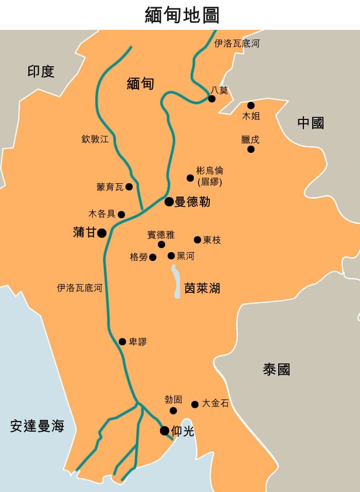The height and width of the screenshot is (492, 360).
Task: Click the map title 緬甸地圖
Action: pos(182,15)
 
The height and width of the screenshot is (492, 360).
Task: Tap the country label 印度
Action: pos(41,72)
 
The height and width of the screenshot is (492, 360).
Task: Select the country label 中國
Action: pos(311,123)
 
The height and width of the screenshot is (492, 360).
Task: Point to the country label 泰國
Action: pos(277,370)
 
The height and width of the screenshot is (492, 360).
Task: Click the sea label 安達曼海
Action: pos(37,426)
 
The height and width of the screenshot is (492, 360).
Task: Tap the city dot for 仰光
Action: pos(165,431)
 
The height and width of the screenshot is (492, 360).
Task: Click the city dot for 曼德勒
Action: pos(169,202)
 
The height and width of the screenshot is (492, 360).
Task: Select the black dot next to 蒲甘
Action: pos(102,233)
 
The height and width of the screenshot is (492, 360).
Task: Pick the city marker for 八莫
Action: pos(212,99)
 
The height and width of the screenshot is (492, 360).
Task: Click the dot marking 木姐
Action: pos(251,106)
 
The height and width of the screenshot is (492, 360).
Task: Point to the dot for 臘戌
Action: pos(251,149)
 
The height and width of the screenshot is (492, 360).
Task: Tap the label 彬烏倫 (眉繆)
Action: pos(210,176)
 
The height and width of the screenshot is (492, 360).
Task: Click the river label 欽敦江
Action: pos(95,139)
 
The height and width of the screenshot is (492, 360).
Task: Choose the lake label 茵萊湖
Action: pos(202,288)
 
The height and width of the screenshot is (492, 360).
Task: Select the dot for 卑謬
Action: pos(122,342)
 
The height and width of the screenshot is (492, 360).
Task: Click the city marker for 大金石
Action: pos(195,405)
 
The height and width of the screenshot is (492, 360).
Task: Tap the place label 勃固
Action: pos(173,399)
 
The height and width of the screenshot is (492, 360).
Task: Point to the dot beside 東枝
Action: pos(197,240)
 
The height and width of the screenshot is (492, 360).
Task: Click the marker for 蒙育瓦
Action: pos(129,187)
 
